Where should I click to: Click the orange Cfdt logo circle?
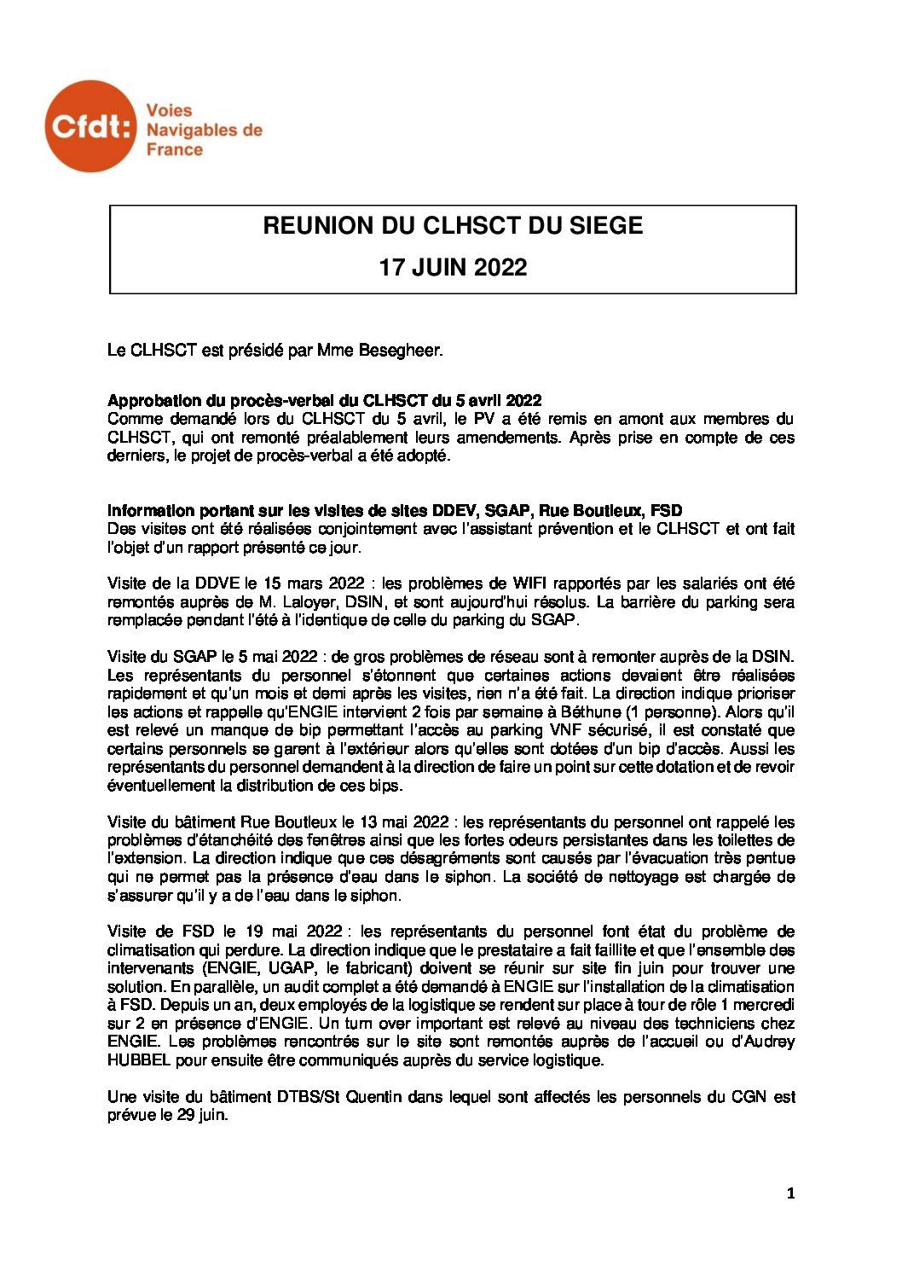90,126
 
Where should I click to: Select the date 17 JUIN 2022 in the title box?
453,268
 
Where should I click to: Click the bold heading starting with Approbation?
325,401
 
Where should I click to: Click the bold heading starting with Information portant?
395,511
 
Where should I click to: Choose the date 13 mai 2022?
406,822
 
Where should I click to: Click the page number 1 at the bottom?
790,1194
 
